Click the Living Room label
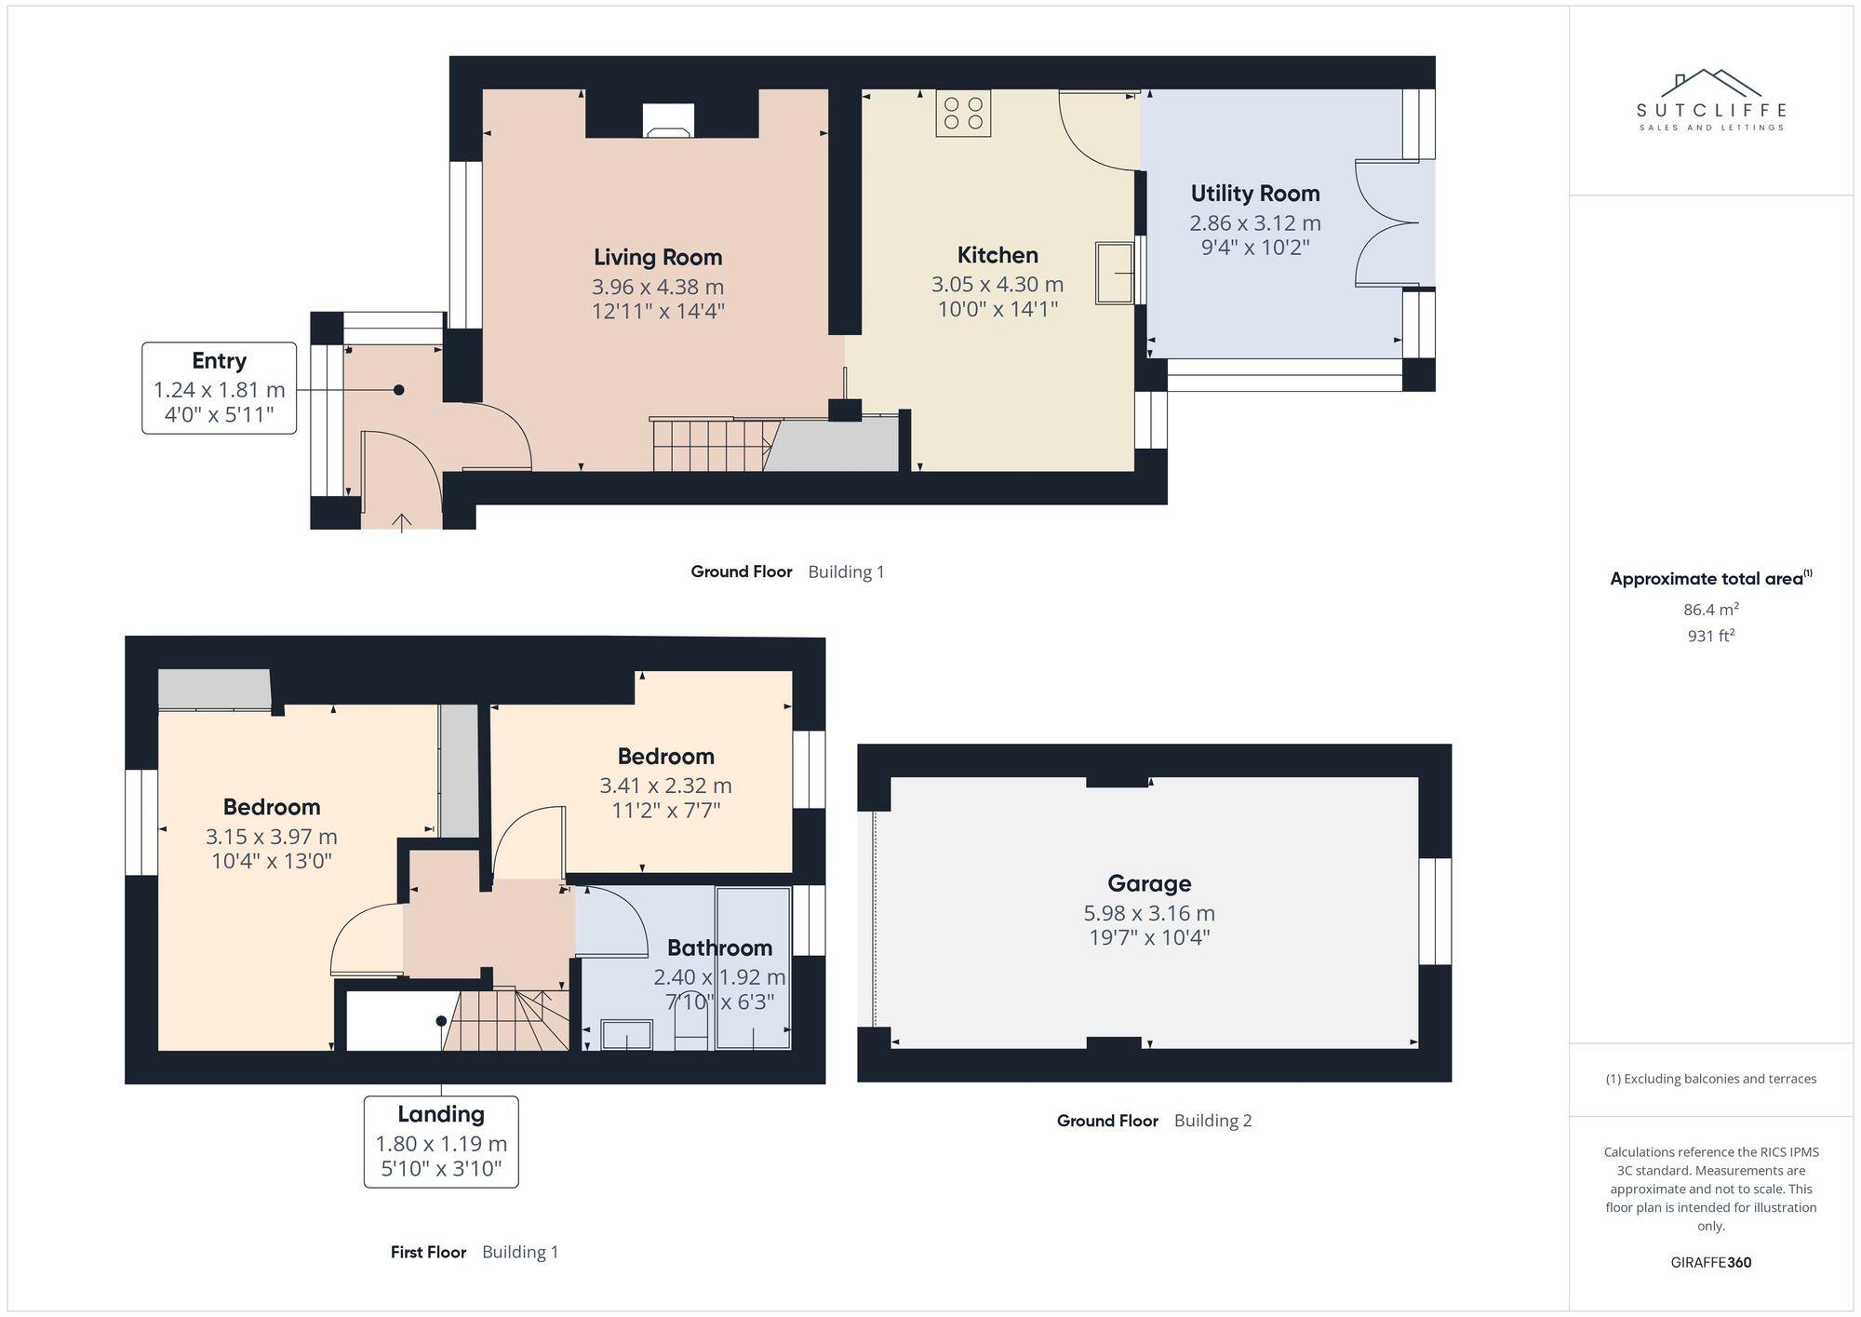pos(658,257)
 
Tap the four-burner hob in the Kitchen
pos(963,114)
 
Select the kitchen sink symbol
pos(1114,273)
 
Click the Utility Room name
pos(1254,194)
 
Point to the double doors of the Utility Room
pos(1386,222)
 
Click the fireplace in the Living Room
pos(669,120)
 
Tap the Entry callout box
pos(220,387)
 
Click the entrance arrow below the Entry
pos(401,522)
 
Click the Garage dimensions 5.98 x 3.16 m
pos(1148,913)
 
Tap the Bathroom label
pos(719,947)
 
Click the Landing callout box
pos(441,1141)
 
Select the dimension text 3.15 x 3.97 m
pos(271,836)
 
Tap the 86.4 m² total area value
pos(1710,610)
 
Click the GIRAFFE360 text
pos(1710,1262)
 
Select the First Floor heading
pos(428,1252)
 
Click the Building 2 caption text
pos(1212,1121)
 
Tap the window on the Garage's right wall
pos(1435,911)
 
